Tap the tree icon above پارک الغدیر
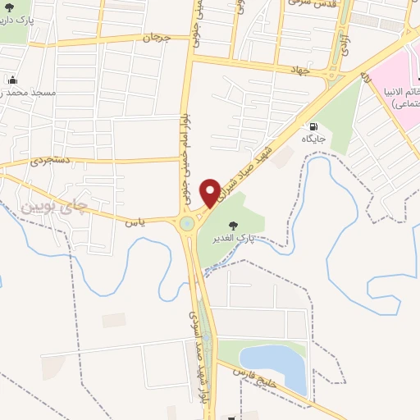pyautogui.click(x=234, y=224)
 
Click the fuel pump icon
pyautogui.click(x=313, y=127)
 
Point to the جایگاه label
pyautogui.click(x=313, y=140)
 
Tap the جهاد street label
pyautogui.click(x=297, y=71)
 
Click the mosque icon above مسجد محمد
pyautogui.click(x=13, y=80)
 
